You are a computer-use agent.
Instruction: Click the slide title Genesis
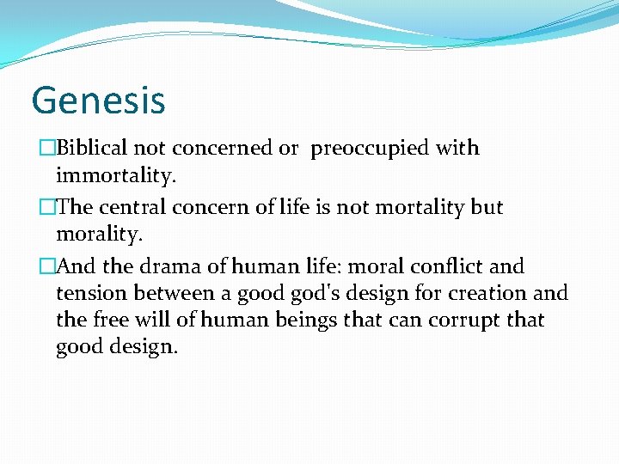pyautogui.click(x=98, y=100)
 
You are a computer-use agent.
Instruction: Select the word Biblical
pyautogui.click(x=91, y=148)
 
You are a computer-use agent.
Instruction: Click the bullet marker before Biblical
pyautogui.click(x=47, y=148)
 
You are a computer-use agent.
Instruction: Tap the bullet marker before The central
pyautogui.click(x=47, y=207)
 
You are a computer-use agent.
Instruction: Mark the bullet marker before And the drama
pyautogui.click(x=47, y=266)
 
